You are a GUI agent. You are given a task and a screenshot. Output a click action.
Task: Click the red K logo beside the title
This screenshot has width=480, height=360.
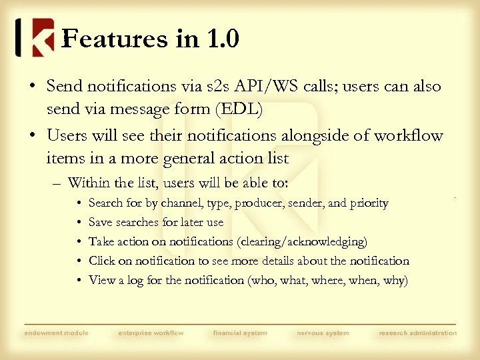coord(42,38)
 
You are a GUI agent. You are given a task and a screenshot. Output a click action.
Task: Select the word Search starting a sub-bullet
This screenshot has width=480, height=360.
coord(105,203)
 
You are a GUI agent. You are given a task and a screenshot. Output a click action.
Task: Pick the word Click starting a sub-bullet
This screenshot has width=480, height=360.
coord(102,261)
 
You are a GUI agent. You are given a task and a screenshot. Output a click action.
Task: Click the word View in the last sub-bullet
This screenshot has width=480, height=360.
coord(102,280)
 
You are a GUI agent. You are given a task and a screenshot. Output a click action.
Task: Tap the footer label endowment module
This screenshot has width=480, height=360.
coord(56,333)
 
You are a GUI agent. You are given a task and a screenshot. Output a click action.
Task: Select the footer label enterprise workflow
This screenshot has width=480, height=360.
coord(151,333)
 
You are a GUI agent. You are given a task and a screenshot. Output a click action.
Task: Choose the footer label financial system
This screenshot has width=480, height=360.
coord(240,333)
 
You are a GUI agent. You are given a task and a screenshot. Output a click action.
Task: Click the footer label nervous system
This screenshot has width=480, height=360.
coord(323,333)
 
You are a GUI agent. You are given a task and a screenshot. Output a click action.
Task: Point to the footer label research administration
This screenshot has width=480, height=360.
coord(418,333)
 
